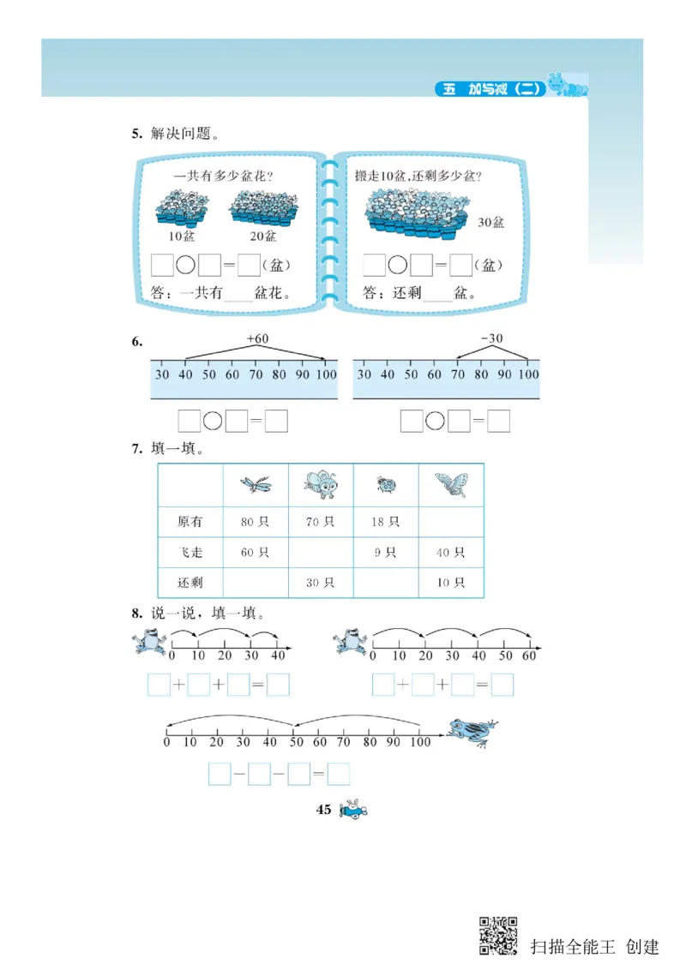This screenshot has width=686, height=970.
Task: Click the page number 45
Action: pyautogui.click(x=323, y=810)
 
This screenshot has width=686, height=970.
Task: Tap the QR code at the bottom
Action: pyautogui.click(x=498, y=935)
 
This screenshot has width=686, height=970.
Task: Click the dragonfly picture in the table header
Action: pyautogui.click(x=255, y=485)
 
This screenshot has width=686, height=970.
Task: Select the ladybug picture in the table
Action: pyautogui.click(x=386, y=486)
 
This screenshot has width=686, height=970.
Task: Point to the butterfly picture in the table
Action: pyautogui.click(x=451, y=485)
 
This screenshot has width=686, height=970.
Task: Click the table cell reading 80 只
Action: pyautogui.click(x=255, y=521)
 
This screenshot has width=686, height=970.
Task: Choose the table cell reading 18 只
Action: pyautogui.click(x=385, y=521)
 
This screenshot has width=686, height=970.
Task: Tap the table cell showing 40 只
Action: pyautogui.click(x=450, y=553)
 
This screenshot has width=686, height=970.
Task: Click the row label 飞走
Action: pyautogui.click(x=190, y=553)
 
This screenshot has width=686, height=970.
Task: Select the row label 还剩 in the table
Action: pyautogui.click(x=190, y=583)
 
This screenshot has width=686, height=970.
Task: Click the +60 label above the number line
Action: pyautogui.click(x=257, y=339)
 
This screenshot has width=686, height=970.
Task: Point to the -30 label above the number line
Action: pyautogui.click(x=492, y=339)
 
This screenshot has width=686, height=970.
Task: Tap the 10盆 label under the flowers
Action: pyautogui.click(x=182, y=236)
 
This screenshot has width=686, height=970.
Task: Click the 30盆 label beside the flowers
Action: pyautogui.click(x=490, y=222)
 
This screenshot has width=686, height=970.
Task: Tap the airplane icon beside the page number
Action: pyautogui.click(x=352, y=810)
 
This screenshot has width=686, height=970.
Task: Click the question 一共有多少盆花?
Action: pyautogui.click(x=223, y=177)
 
